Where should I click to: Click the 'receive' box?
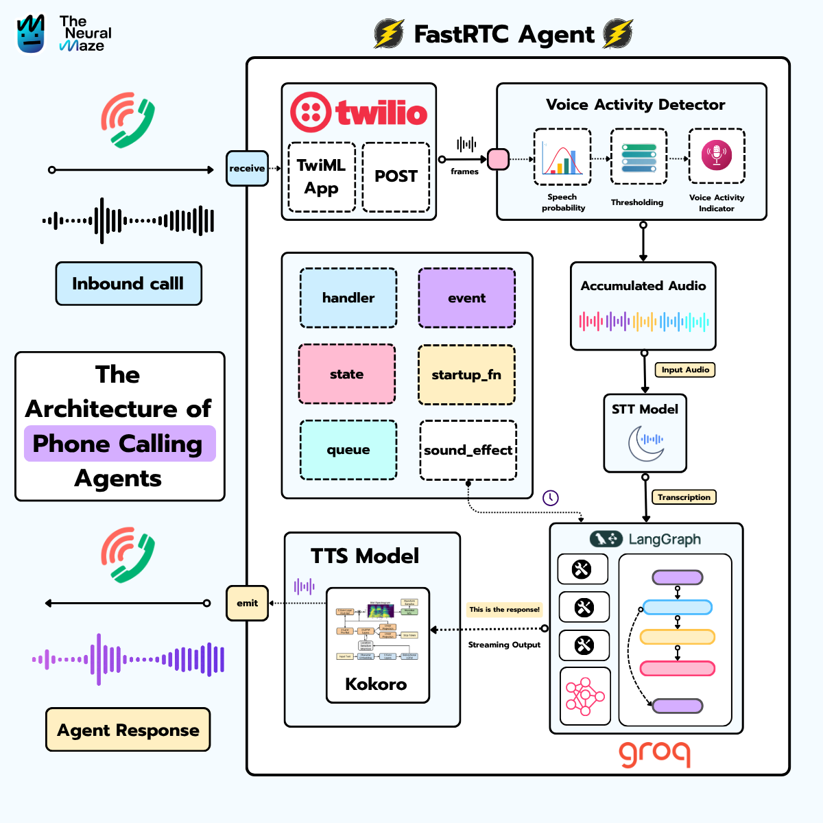pos(247,168)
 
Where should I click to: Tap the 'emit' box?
pos(247,603)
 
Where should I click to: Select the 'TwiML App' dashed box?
pos(321,177)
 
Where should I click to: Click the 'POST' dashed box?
pos(396,177)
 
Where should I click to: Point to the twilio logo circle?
pos(311,112)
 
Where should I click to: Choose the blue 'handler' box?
pos(348,298)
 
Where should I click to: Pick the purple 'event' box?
pos(466,298)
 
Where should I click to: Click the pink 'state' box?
pos(347,374)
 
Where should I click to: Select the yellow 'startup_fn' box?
pos(466,374)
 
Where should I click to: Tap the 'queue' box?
pos(348,450)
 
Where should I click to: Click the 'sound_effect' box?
pos(468,450)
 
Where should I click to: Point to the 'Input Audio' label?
pos(685,370)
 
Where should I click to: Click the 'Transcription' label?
pos(684,497)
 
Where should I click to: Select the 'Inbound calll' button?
pos(128,283)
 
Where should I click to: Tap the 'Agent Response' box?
pos(128,730)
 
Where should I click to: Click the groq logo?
pos(654,752)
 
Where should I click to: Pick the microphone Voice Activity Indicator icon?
pos(717,155)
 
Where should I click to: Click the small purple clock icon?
pos(551,498)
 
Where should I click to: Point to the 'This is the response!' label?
pos(504,609)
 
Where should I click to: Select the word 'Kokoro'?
pos(376,684)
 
